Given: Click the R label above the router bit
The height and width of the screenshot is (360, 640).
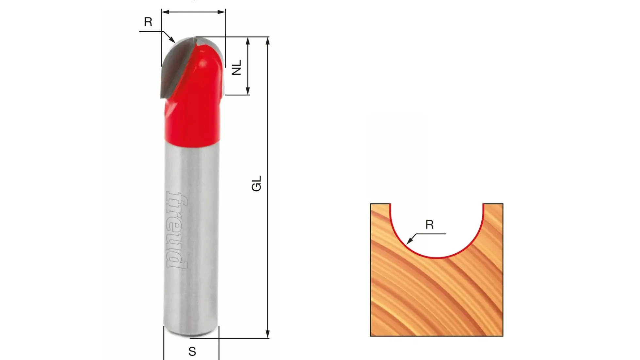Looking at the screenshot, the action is point(148,22).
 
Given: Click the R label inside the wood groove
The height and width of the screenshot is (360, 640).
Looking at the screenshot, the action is point(429,225).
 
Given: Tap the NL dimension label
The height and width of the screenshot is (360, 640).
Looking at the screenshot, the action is point(237,67).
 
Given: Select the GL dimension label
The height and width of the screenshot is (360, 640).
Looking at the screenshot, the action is point(257,183).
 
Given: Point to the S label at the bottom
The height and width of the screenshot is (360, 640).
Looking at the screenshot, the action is point(192,352).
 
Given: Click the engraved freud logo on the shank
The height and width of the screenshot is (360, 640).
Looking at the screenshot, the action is point(177,230).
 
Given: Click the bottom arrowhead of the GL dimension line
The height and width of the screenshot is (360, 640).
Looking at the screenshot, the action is point(267,334).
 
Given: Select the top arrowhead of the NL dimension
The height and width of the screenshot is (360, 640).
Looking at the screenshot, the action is point(248,41).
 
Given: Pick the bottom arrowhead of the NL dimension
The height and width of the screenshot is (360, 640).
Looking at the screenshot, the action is point(248,91).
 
